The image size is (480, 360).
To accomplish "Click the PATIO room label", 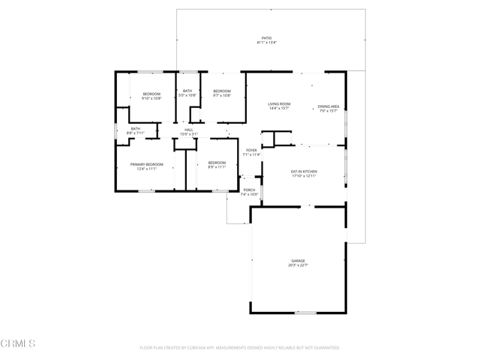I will click(x=266, y=37).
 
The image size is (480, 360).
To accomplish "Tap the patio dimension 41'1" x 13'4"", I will click(x=266, y=43).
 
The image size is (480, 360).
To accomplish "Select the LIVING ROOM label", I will click(x=280, y=103).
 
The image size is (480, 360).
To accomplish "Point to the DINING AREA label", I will click(x=328, y=106).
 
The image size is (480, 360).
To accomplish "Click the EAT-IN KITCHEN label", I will click(x=304, y=172).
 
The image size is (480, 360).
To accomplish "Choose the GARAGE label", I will click(x=298, y=260).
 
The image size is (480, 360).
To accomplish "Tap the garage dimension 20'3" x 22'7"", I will click(x=298, y=265).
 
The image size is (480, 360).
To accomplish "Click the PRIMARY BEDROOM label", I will click(x=146, y=164).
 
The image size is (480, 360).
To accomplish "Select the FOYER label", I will click(x=251, y=150).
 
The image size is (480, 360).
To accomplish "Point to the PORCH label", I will click(x=249, y=190).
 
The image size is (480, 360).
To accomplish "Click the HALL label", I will click(x=189, y=130).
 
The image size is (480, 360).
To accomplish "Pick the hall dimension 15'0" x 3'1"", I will click(x=189, y=134).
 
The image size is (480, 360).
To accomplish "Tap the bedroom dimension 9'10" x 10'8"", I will click(x=151, y=98).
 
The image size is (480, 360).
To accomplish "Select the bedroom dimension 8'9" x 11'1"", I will click(x=217, y=167).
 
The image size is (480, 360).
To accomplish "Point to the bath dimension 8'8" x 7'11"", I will click(x=136, y=133).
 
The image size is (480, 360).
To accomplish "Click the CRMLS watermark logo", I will click(x=18, y=343).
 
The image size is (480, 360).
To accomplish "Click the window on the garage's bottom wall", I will click(x=305, y=313).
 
